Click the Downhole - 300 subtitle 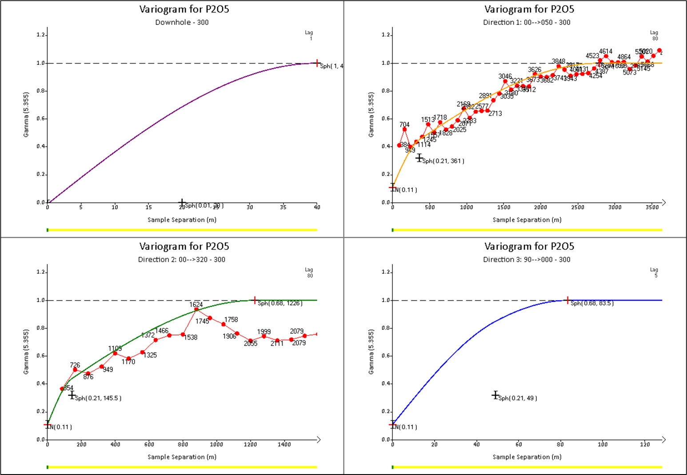182,22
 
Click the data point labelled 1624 196,309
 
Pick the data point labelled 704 404,129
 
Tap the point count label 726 75,365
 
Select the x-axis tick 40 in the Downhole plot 317,207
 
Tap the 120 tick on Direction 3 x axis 645,444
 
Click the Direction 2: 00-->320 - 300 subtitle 182,259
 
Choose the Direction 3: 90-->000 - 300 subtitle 527,259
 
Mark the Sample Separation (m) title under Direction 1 527,220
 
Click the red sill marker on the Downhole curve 317,63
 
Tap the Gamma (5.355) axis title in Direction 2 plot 26,352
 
